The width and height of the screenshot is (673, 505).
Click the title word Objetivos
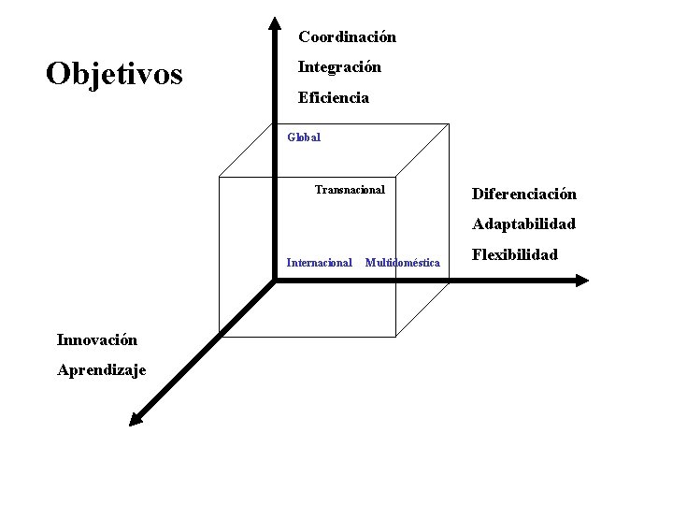tap(114, 73)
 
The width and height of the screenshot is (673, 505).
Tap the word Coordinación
tap(347, 37)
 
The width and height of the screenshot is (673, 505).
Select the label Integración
tap(339, 67)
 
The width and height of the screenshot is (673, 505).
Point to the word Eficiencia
tap(333, 97)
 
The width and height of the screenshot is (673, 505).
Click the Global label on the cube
tap(304, 137)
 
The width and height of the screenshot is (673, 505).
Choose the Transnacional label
tap(350, 190)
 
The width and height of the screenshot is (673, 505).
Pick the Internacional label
tap(319, 263)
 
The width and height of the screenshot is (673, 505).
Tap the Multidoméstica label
tap(402, 263)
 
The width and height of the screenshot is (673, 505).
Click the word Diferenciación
tap(524, 195)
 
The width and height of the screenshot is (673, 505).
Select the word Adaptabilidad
tap(523, 224)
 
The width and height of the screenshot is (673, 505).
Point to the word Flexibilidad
tap(515, 254)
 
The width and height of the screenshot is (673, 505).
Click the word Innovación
tap(97, 339)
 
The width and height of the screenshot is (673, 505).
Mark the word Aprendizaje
tap(102, 369)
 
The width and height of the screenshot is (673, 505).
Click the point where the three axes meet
tap(274, 279)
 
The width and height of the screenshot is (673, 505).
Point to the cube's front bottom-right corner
tap(396, 335)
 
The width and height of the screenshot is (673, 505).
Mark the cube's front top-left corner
tap(218, 176)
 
